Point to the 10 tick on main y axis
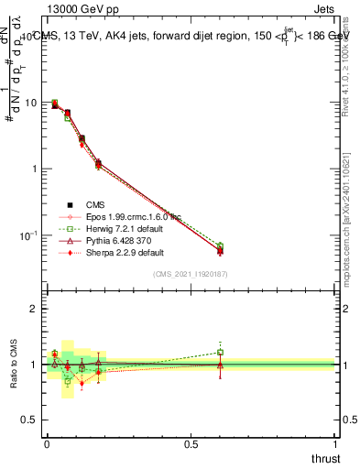pyautogui.click(x=31, y=103)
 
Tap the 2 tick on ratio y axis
pyautogui.click(x=35, y=309)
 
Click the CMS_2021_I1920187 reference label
pyautogui.click(x=191, y=274)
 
